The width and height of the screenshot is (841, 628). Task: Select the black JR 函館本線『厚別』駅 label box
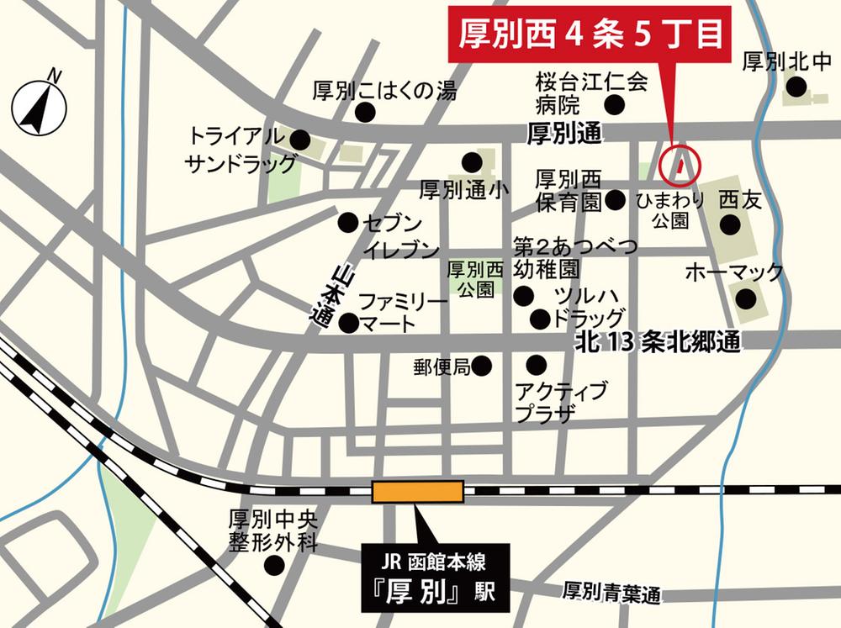pyautogui.click(x=435, y=579)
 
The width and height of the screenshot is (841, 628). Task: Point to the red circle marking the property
pyautogui.click(x=679, y=166)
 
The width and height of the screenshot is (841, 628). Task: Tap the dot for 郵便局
pyautogui.click(x=482, y=366)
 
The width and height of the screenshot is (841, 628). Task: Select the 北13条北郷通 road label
pyautogui.click(x=657, y=341)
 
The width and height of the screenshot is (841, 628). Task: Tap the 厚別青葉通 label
pyautogui.click(x=611, y=594)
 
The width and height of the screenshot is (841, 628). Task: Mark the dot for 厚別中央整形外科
pyautogui.click(x=273, y=564)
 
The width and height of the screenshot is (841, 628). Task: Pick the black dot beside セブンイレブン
pyautogui.click(x=347, y=222)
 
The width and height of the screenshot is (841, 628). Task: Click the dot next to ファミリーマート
pyautogui.click(x=348, y=321)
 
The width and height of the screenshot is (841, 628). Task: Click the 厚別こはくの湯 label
pyautogui.click(x=384, y=91)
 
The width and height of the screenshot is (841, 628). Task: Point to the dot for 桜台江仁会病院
pyautogui.click(x=616, y=104)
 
